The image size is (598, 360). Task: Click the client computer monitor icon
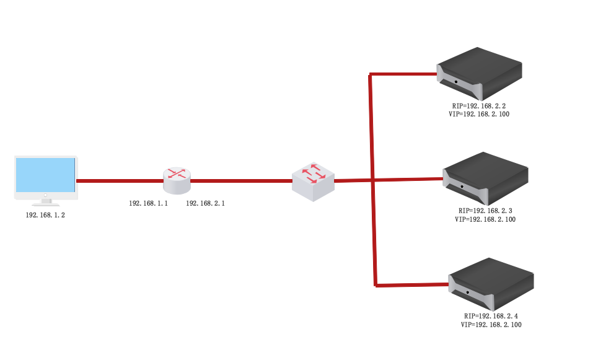pyautogui.click(x=46, y=176)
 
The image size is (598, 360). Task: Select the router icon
pyautogui.click(x=177, y=180)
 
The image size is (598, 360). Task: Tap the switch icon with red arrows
pyautogui.click(x=313, y=181)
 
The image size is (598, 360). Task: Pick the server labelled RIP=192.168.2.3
pyautogui.click(x=485, y=178)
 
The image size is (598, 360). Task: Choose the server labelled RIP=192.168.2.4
pyautogui.click(x=491, y=283)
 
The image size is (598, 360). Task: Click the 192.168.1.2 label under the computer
pyautogui.click(x=45, y=215)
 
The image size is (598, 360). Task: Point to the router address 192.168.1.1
pyautogui.click(x=148, y=203)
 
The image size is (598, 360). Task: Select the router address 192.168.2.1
pyautogui.click(x=205, y=203)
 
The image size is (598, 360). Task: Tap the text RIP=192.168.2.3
pyautogui.click(x=485, y=211)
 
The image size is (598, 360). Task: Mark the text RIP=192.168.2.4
pyautogui.click(x=491, y=316)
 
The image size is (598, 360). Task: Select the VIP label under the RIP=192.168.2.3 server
pyautogui.click(x=485, y=219)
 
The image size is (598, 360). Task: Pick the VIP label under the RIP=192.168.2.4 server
pyautogui.click(x=491, y=325)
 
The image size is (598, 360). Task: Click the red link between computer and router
pyautogui.click(x=120, y=181)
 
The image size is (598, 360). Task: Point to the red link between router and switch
pyautogui.click(x=242, y=181)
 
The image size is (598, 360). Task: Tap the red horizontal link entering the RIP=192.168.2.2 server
pyautogui.click(x=403, y=75)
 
